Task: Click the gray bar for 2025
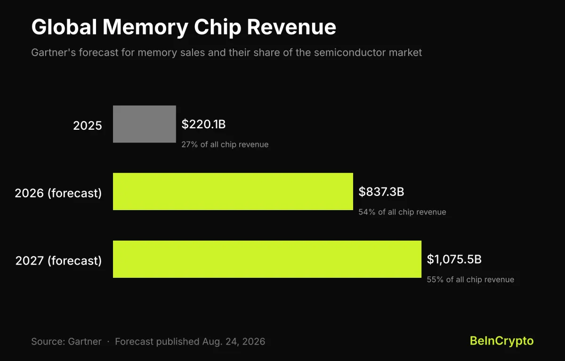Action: pos(144,124)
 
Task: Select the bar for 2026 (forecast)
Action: pos(233,192)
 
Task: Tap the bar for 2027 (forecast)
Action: pos(267,259)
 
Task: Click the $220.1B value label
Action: pos(203,124)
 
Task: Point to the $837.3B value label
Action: pos(381,192)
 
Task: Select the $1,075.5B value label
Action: pos(454,259)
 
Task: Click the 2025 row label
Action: pos(88,126)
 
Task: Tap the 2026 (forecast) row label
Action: pos(58,193)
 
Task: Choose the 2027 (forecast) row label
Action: pos(58,260)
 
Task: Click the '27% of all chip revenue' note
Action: pos(225,144)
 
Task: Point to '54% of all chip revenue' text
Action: pos(402,212)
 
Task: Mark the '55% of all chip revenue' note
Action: pos(470,279)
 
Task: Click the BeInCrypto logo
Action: pos(502,341)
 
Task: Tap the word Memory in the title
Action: pos(145,28)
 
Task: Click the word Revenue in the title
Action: pos(291,27)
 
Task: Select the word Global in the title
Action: pos(64,27)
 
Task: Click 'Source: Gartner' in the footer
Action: pos(66,342)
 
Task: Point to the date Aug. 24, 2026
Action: pos(234,342)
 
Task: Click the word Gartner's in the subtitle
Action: pos(54,53)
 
